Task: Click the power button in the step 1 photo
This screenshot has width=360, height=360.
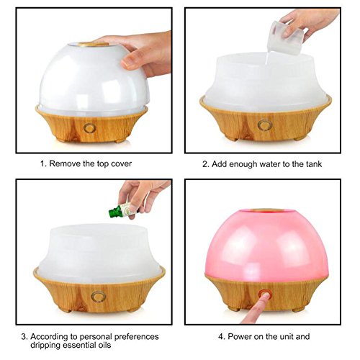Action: [90, 127]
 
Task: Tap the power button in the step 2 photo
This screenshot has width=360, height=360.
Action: [265, 125]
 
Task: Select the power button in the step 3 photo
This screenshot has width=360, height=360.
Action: [99, 296]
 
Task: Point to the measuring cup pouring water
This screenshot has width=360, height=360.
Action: [285, 37]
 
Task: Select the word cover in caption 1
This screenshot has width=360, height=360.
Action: [121, 164]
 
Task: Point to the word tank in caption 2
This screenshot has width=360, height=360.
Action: [314, 164]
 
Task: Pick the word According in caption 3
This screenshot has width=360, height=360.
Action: [48, 336]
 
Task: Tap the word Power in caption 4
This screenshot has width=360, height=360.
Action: [240, 336]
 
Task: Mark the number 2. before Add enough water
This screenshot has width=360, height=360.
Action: [206, 164]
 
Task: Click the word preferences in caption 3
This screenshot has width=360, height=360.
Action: [136, 337]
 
